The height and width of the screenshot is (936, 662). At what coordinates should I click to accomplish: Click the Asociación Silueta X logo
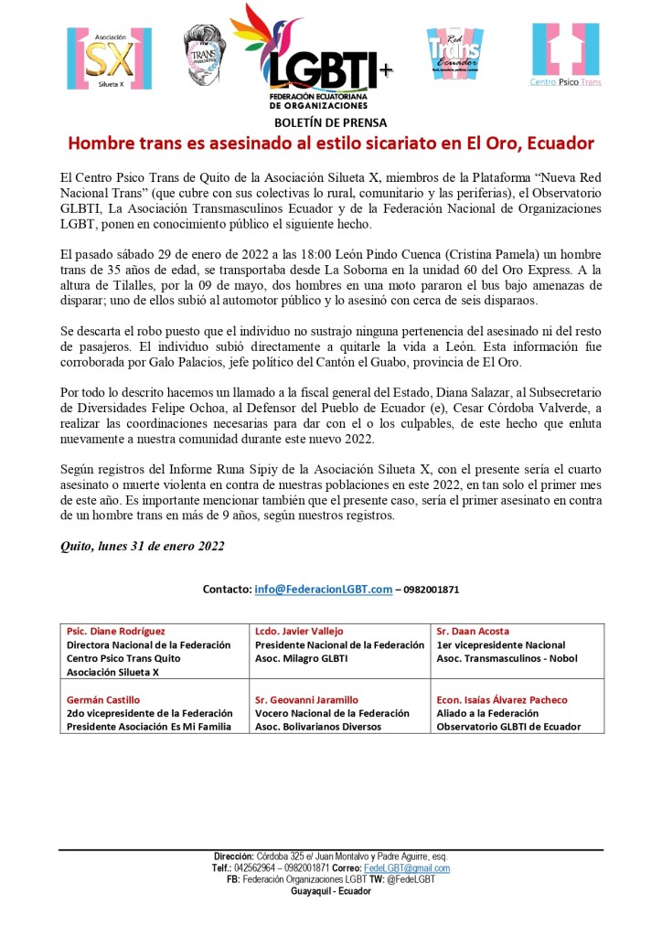[110, 57]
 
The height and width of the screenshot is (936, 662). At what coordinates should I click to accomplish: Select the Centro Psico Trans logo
[566, 55]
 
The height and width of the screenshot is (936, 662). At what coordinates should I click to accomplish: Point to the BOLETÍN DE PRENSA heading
[330, 122]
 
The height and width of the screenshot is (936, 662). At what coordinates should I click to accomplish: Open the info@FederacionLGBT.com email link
[323, 590]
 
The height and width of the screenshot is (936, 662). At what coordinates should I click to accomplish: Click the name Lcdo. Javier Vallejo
[298, 632]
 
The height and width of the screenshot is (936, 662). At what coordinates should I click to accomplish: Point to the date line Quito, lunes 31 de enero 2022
[142, 546]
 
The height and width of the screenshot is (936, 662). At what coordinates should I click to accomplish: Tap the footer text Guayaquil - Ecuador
[330, 891]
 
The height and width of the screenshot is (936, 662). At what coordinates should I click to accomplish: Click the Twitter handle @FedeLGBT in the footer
[413, 879]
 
